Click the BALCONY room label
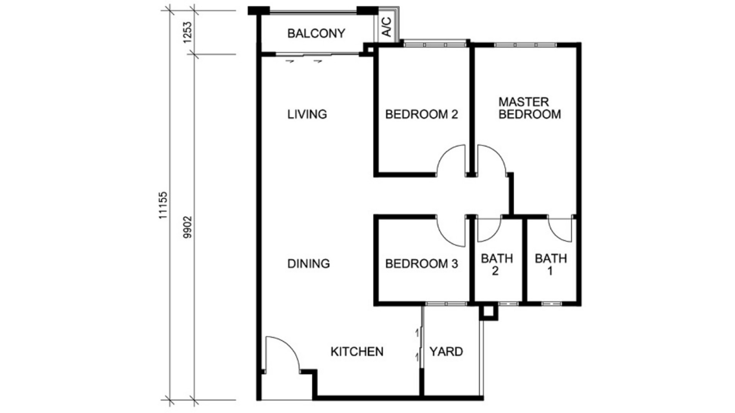(x=316, y=33)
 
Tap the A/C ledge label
(x=387, y=27)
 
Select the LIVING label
(x=307, y=114)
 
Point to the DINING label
(x=309, y=263)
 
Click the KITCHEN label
(x=357, y=351)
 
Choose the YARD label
(x=446, y=351)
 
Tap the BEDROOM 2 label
(x=421, y=114)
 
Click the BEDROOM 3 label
(x=421, y=263)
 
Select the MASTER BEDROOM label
(x=530, y=108)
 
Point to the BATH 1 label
(x=551, y=265)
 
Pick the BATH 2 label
(x=497, y=265)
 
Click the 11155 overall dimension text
(x=163, y=205)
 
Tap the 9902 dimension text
(x=187, y=227)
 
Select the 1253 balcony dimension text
(x=187, y=32)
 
